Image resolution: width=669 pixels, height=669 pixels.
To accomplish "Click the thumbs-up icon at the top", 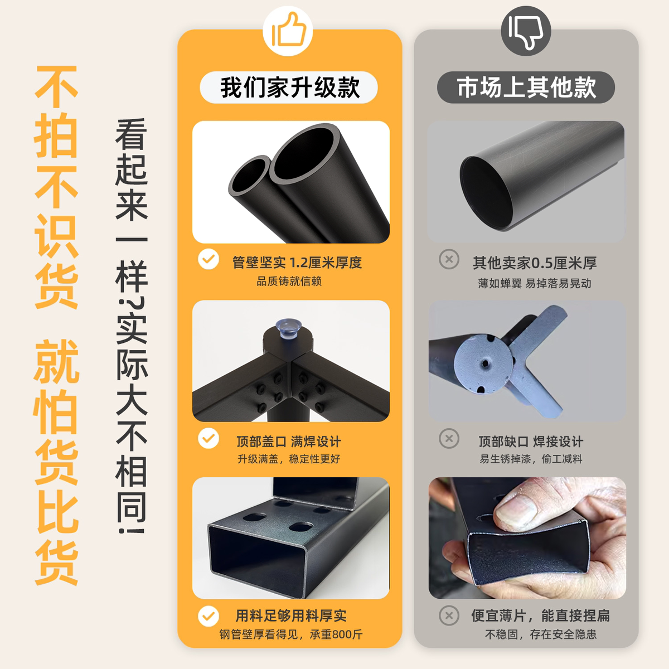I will click(288, 32).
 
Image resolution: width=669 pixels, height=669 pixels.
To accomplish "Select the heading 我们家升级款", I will click(289, 88).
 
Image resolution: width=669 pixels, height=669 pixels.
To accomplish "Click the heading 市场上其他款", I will click(526, 88).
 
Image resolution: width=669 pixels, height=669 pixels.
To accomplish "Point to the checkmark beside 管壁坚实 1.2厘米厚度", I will click(209, 259).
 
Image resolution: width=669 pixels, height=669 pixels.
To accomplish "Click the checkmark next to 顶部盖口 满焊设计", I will click(209, 439).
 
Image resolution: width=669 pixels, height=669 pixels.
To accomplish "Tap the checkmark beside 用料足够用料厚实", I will click(209, 616).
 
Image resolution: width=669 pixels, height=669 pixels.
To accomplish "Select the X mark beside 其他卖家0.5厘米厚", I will click(449, 259).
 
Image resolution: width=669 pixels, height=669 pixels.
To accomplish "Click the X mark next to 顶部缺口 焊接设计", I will click(449, 439).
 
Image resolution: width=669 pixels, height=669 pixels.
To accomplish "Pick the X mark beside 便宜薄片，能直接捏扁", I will click(449, 616).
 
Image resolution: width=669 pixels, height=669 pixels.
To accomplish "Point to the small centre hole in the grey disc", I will click(486, 363).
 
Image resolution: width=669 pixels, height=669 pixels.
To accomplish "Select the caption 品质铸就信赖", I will click(289, 282).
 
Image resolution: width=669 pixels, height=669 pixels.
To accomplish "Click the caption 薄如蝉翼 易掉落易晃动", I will click(534, 283).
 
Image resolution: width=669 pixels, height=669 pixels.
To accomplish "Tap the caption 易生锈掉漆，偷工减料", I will click(530, 459).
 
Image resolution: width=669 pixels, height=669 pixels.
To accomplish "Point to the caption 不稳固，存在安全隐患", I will click(540, 634).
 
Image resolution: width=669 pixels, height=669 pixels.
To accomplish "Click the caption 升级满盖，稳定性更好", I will click(288, 459).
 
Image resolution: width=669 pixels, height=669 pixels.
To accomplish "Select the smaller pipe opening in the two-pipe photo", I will click(249, 176).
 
